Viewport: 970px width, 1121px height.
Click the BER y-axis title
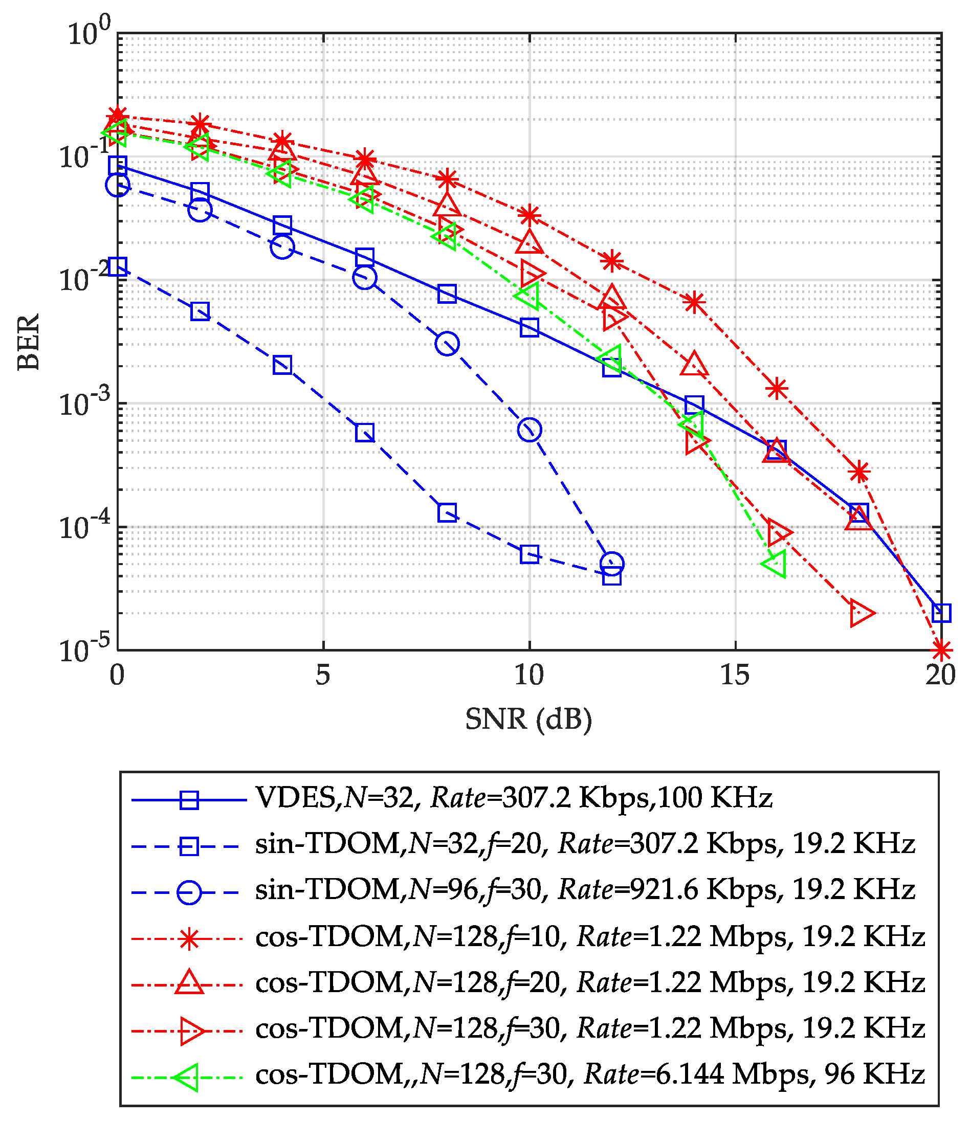point(29,342)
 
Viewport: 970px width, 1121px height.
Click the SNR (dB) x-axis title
point(529,719)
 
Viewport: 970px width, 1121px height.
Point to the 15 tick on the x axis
point(735,675)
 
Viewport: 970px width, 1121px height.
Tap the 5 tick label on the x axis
point(323,675)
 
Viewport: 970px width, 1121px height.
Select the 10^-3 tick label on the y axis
point(84,403)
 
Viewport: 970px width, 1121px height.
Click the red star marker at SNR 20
point(941,650)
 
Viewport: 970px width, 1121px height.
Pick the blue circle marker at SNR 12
point(612,564)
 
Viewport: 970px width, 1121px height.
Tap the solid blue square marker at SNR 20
point(941,613)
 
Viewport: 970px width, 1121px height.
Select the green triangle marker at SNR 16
point(775,564)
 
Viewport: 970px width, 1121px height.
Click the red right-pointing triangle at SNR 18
point(861,613)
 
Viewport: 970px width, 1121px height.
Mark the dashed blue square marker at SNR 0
point(118,266)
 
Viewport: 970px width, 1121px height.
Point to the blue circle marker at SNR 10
point(530,430)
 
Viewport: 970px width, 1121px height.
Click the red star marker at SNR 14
point(694,303)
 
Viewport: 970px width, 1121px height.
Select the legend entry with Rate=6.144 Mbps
point(590,1074)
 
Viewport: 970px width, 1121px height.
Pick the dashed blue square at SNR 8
point(447,512)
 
